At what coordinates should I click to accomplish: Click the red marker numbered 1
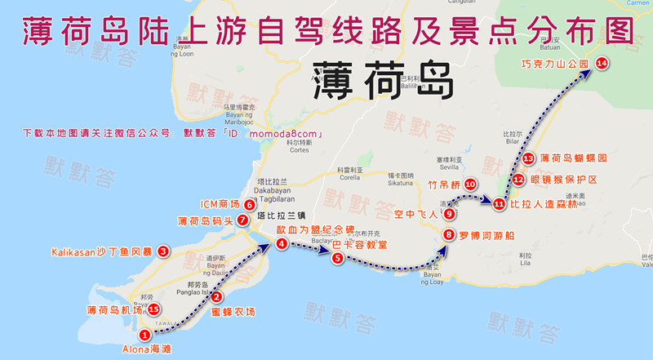[144, 334]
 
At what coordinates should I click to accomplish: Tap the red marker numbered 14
[602, 63]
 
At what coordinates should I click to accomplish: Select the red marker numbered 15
[153, 309]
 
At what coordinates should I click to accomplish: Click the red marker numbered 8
[448, 235]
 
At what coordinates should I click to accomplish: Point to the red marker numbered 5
[336, 258]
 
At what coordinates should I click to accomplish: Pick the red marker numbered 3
[163, 251]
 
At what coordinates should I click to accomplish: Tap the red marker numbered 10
[469, 185]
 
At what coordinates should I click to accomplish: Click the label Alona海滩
[148, 349]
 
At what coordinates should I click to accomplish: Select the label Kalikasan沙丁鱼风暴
[103, 251]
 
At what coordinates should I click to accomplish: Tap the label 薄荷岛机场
[115, 310]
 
